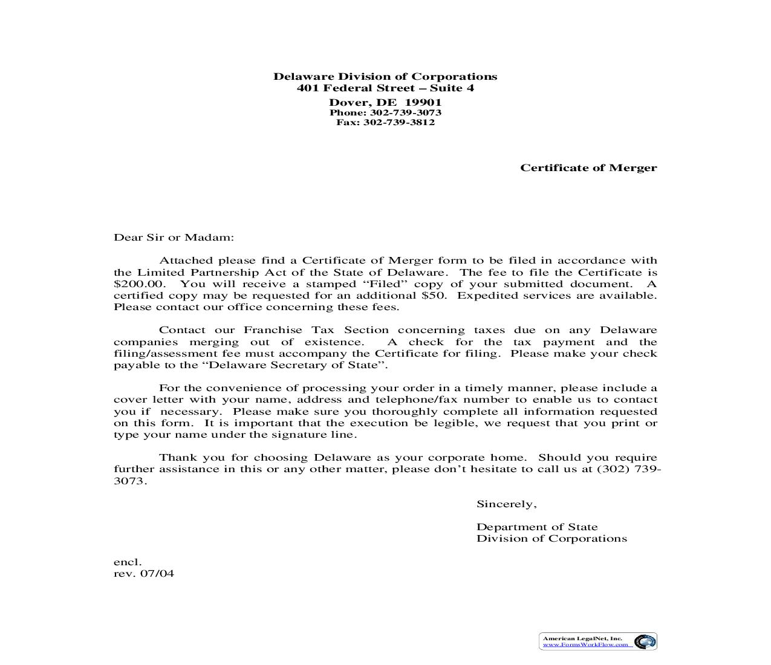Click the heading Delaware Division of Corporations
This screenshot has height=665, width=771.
pos(385,77)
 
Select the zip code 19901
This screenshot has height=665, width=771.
pos(423,102)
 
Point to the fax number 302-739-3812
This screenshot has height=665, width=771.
pos(399,122)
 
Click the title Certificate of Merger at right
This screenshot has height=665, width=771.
pos(588,168)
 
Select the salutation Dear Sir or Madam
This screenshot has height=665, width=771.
pos(174,238)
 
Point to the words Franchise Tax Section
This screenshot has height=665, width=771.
pos(316,330)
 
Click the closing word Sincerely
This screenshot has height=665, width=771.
pos(506,504)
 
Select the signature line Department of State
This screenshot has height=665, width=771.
pos(537,527)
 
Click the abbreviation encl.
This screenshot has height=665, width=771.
pos(128,562)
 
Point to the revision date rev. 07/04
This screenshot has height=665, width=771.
pos(144,574)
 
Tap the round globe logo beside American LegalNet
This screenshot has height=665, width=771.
pos(645,641)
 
